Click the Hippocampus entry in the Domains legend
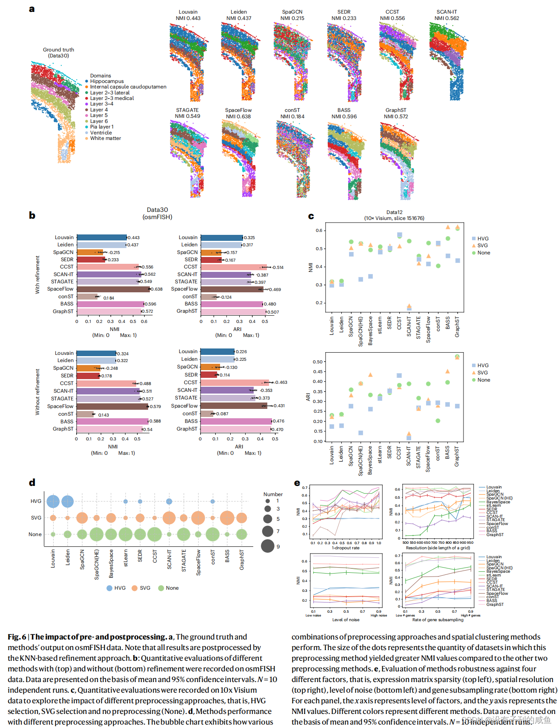click(x=106, y=81)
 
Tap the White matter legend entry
click(x=105, y=138)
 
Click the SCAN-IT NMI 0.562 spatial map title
click(x=446, y=15)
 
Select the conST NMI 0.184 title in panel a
click(x=292, y=113)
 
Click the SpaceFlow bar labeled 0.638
click(x=113, y=289)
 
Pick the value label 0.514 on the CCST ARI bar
click(x=278, y=267)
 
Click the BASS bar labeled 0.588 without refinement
click(x=112, y=421)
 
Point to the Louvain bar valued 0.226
click(x=217, y=351)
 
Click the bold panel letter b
click(x=32, y=215)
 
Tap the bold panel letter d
click(x=32, y=482)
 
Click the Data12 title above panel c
click(x=394, y=215)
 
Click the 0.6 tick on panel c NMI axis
click(x=319, y=231)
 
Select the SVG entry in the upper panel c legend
click(x=482, y=246)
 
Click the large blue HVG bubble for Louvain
click(x=53, y=501)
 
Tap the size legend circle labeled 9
click(x=268, y=546)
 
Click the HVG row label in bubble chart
click(x=36, y=501)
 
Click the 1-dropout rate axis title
click(x=346, y=548)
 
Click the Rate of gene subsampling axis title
click(x=438, y=620)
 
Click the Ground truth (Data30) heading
click(x=58, y=52)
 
